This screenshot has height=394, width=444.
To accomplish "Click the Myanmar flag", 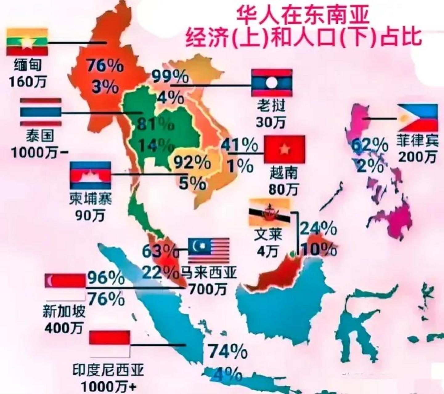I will click(27, 42).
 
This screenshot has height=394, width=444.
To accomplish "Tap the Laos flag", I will click(271, 82).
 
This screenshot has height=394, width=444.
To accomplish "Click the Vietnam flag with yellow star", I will click(284, 149).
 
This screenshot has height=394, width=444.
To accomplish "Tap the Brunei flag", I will click(270, 213).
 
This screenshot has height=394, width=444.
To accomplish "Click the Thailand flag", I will click(41, 112).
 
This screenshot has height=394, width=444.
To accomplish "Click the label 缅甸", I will click(28, 65).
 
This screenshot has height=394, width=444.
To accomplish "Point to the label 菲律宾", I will click(417, 141).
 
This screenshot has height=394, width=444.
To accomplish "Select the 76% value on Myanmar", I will click(104, 66).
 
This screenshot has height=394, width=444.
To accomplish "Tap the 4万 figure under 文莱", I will click(267, 252).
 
